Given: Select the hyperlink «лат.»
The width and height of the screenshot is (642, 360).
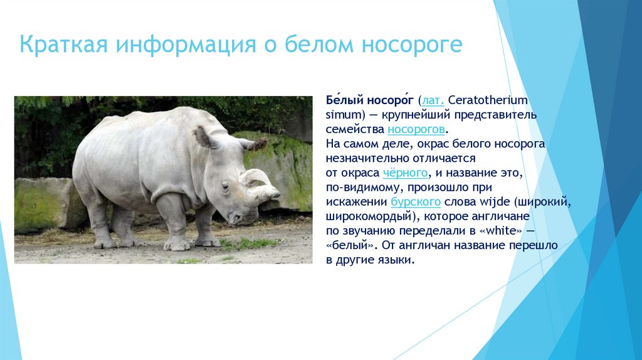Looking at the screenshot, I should [434, 101].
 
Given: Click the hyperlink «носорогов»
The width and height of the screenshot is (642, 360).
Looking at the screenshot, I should [416, 129].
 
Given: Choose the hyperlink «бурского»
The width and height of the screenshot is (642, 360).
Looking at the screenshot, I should [415, 202].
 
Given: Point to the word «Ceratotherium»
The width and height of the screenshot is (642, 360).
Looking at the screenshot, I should [488, 101].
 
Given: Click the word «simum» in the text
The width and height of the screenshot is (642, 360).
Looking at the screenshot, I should [340, 115].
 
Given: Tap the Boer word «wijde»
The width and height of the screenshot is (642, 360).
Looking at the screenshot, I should [489, 202].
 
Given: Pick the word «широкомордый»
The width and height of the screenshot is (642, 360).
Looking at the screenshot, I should [364, 216].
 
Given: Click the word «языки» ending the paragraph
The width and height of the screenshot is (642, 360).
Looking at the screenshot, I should [396, 260].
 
